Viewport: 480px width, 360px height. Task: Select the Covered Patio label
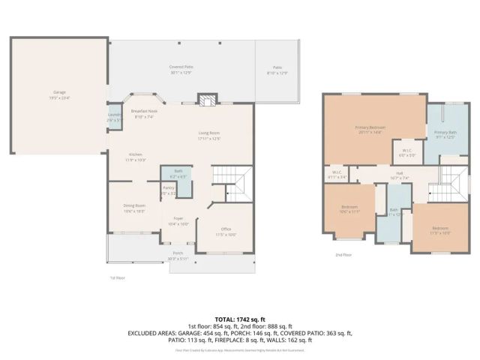(181, 70)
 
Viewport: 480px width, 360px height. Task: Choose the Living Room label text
(209, 136)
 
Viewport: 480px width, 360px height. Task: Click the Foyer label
(178, 221)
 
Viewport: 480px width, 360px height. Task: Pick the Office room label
(226, 231)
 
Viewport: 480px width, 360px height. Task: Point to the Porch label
(178, 255)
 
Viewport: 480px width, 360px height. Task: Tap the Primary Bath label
(445, 134)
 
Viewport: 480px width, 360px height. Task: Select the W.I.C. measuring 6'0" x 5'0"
(406, 152)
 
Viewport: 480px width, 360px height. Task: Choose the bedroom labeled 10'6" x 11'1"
(349, 209)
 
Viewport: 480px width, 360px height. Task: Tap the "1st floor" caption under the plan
(116, 278)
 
